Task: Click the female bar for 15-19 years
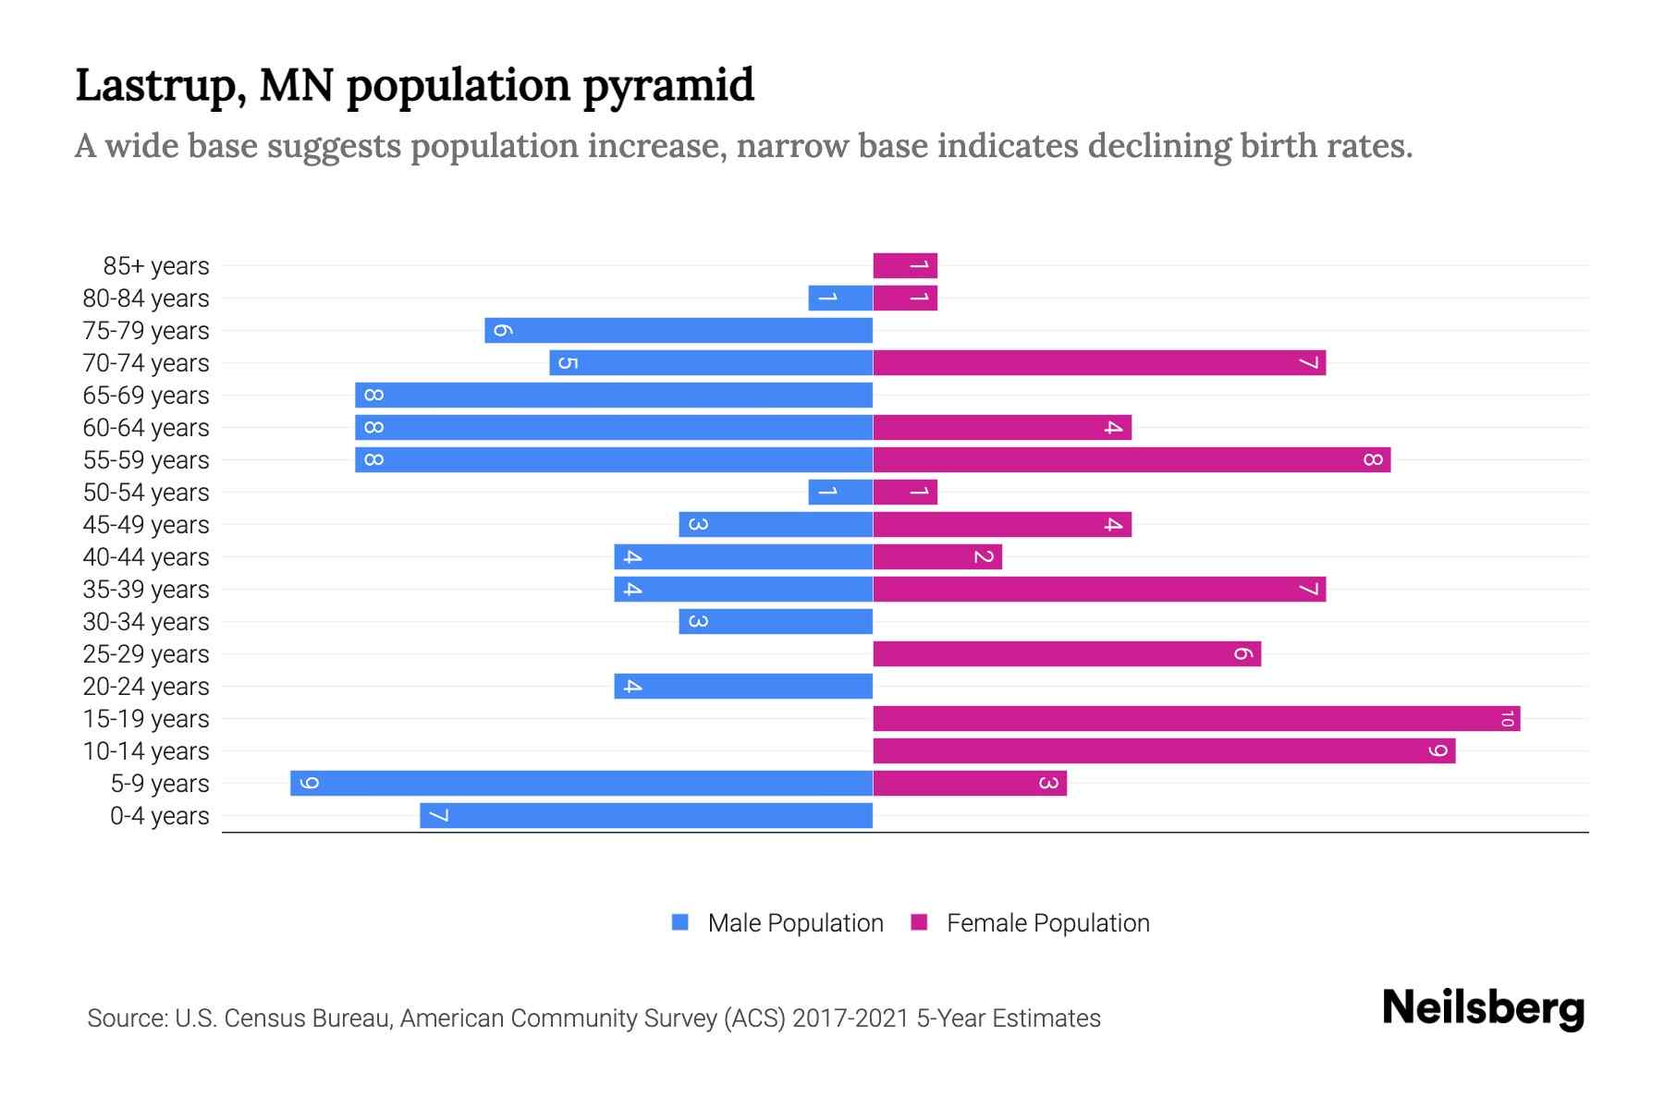click(x=1196, y=719)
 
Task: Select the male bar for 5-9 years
click(x=581, y=784)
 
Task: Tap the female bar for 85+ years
click(x=905, y=266)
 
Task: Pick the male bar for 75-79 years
click(x=679, y=331)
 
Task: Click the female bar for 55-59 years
click(x=1132, y=460)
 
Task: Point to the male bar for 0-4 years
click(x=646, y=816)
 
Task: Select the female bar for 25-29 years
click(x=1067, y=654)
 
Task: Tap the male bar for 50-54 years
click(x=840, y=493)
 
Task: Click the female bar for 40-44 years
click(x=937, y=557)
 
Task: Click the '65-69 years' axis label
click(x=146, y=396)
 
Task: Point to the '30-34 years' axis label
click(x=146, y=622)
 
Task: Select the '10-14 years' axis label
click(x=146, y=751)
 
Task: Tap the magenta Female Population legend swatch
click(x=919, y=922)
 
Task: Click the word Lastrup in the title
click(x=160, y=86)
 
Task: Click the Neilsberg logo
click(x=1483, y=1007)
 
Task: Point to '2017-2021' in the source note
click(x=850, y=1018)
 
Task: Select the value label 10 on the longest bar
click(x=1507, y=719)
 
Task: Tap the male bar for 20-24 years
click(x=743, y=687)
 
